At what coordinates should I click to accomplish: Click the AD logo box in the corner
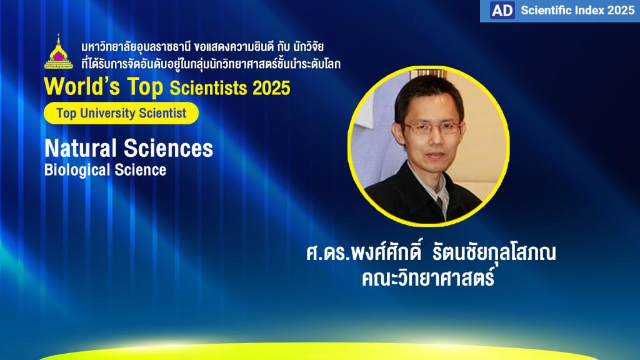pos(502,10)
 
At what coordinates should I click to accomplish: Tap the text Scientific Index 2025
pos(577,10)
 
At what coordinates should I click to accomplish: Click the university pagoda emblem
pos(58,52)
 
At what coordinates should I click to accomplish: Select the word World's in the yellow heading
pos(82,86)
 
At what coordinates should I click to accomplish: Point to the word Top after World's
pos(145,87)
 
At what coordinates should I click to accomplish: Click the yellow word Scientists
pos(208,88)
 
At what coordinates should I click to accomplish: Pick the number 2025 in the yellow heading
pos(271,88)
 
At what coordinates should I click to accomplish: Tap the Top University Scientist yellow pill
pos(121,113)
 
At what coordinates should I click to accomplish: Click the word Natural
pos(81,147)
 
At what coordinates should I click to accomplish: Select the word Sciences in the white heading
pos(168,147)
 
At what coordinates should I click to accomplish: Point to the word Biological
pos(77,170)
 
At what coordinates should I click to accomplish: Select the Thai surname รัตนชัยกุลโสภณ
pos(494,252)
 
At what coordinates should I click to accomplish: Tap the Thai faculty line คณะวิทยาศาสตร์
pos(428,277)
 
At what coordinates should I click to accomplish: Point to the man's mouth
pos(435,156)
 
